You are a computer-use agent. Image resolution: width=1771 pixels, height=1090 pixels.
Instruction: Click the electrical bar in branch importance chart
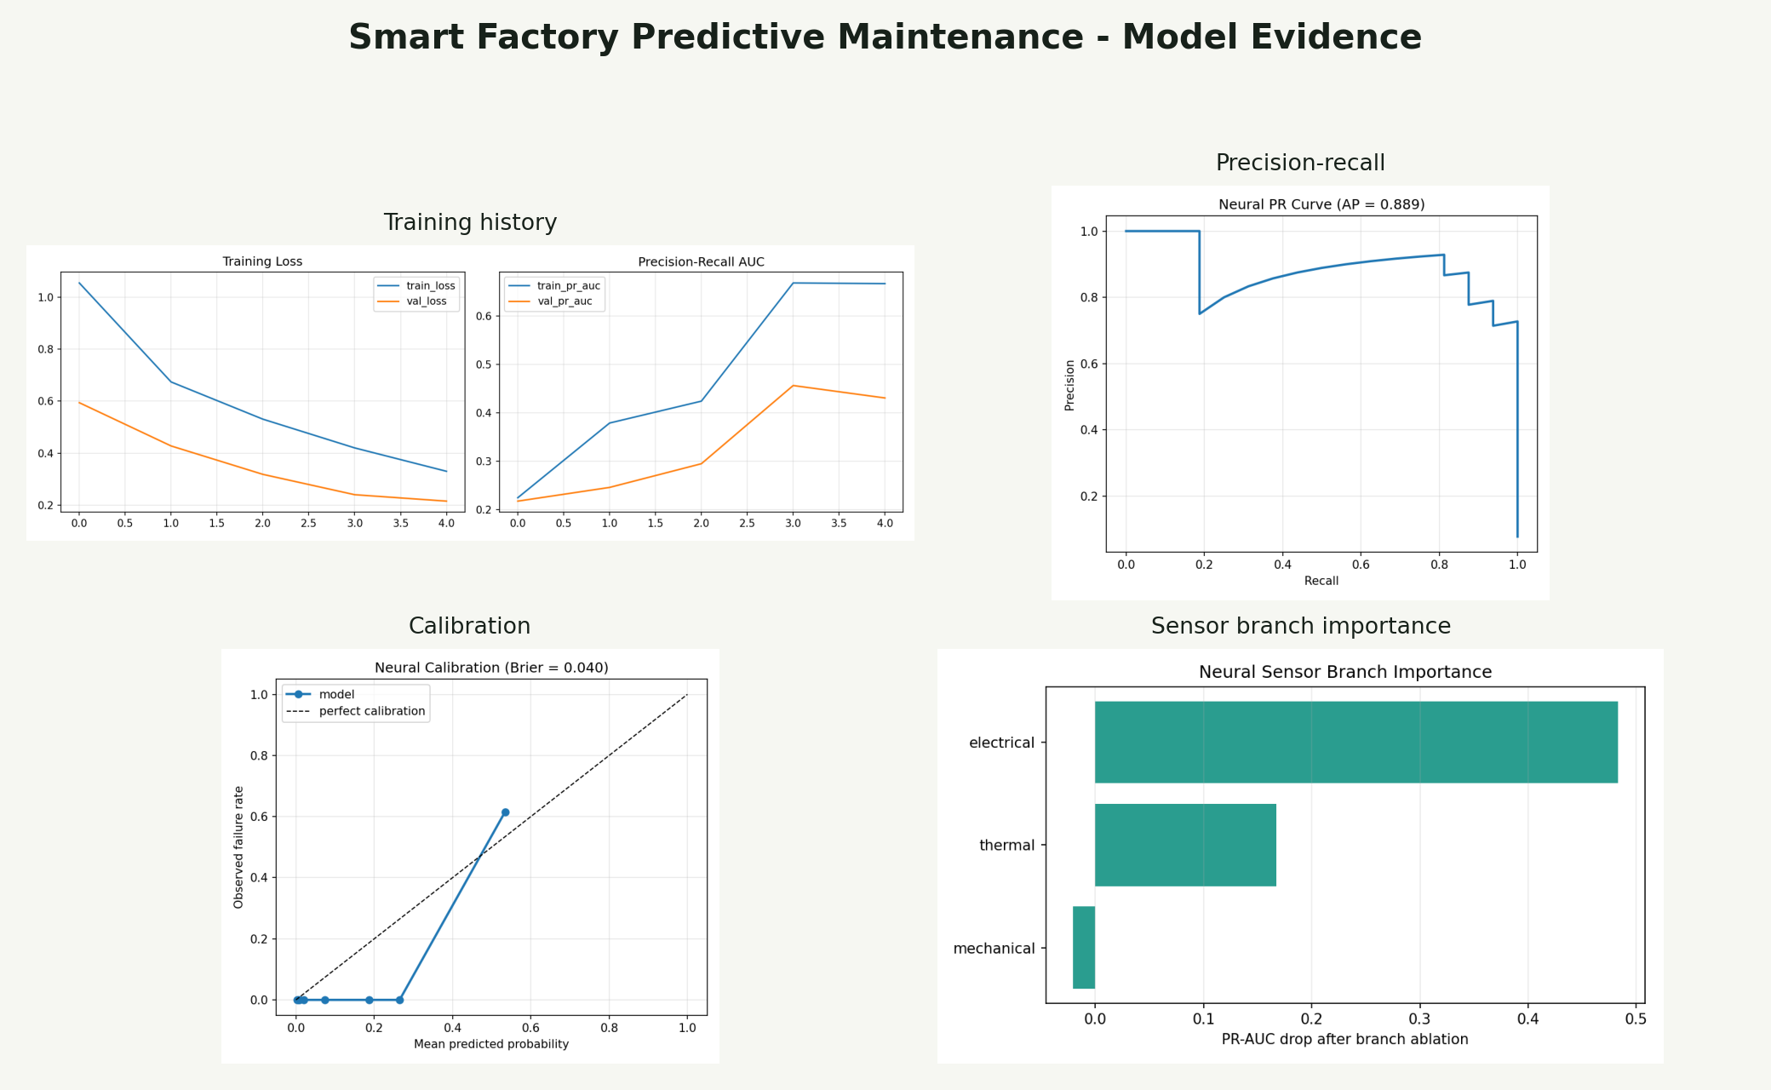[1355, 742]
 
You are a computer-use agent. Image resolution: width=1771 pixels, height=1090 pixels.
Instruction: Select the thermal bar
[1185, 845]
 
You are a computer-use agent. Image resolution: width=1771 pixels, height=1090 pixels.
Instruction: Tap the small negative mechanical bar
[1083, 947]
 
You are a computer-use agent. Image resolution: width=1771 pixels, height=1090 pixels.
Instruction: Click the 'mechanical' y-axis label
[994, 949]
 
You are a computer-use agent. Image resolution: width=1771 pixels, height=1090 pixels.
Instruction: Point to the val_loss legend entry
[426, 301]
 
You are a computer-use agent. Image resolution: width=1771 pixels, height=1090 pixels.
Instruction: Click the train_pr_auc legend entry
[568, 286]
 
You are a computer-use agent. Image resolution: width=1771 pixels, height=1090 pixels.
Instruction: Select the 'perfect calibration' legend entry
[371, 711]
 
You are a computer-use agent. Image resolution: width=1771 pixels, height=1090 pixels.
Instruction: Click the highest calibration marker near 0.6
[505, 812]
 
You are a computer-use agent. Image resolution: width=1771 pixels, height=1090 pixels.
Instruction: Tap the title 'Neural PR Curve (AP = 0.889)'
[1321, 204]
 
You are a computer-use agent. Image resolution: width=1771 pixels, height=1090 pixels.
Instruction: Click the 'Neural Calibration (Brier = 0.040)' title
[491, 668]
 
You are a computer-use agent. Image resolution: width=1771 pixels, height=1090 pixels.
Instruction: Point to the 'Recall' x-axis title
[1321, 581]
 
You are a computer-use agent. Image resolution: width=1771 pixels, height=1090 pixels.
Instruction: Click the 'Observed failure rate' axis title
[238, 847]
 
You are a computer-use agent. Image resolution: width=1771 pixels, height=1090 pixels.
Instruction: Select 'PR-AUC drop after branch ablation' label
[1344, 1039]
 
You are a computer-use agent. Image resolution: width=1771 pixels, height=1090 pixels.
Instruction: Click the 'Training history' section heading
[470, 222]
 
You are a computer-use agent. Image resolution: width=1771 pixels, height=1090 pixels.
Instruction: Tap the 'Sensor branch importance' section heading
[1300, 626]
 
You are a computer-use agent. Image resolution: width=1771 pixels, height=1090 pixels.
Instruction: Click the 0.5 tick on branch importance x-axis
[1636, 1018]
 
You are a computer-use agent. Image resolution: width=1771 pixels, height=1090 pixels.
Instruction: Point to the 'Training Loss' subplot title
[262, 261]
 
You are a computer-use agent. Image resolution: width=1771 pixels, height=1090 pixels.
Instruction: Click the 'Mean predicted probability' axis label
[491, 1044]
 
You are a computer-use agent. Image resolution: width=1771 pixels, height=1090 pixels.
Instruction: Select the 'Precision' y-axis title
[1069, 385]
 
